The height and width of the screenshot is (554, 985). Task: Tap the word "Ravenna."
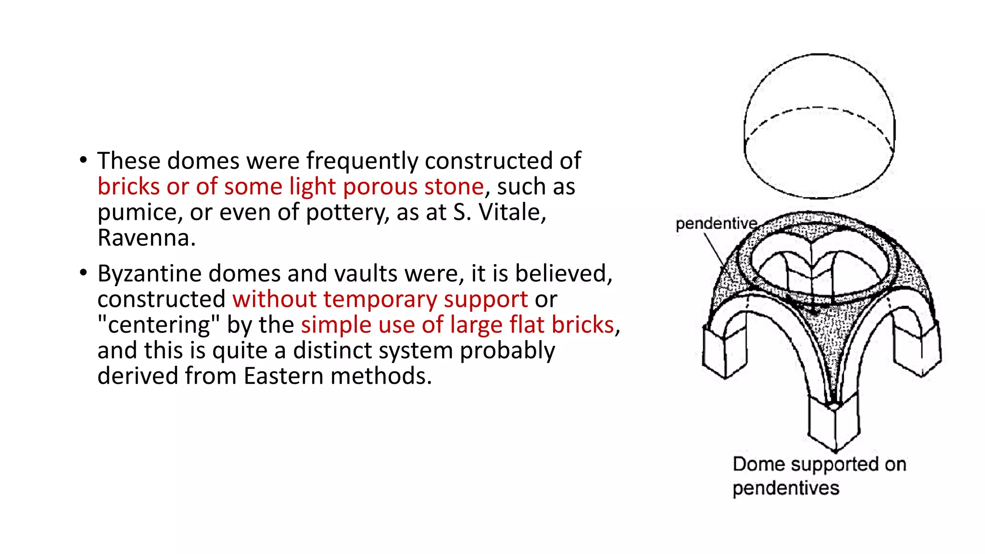tap(147, 238)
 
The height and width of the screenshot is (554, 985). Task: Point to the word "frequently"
tap(362, 161)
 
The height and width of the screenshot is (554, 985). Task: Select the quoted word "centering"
tap(159, 325)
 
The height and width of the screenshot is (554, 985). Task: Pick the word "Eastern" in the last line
tap(284, 376)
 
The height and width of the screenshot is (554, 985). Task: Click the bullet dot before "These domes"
tap(84, 160)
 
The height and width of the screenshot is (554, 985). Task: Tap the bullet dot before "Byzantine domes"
tap(84, 273)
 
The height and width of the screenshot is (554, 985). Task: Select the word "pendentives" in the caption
tap(786, 489)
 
